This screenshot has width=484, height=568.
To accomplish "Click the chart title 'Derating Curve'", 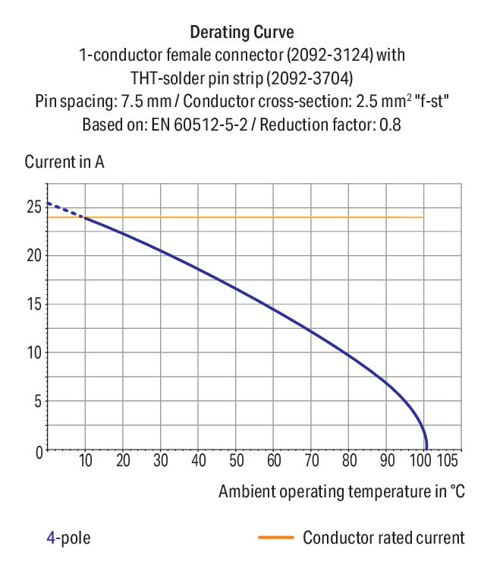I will coord(241,33).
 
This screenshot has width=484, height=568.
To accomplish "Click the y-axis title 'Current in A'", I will coord(64,163).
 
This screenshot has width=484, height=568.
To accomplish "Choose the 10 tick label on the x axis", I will coord(85,461).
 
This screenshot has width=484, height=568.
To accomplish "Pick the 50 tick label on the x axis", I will coord(236,461).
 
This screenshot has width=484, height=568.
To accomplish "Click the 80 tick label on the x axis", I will coord(349,461).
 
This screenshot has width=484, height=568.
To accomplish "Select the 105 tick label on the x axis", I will coord(448,461).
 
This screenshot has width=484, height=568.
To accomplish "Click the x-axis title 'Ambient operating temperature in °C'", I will coord(341,491).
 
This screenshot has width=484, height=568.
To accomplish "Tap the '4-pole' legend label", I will coord(68,538).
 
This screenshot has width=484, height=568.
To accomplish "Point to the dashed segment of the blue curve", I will coord(64,210).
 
